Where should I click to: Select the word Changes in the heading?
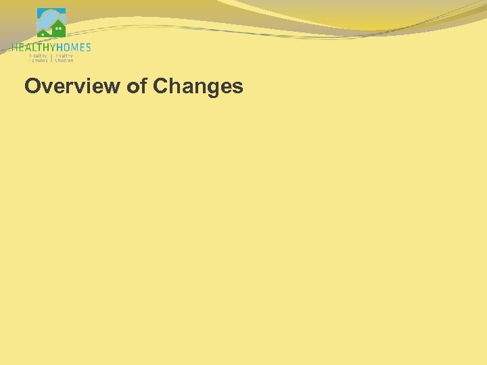coord(198,87)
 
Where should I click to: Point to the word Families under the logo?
coord(39,60)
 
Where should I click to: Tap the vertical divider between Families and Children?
coord(51,57)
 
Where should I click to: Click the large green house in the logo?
coord(58,30)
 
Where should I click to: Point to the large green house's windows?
coord(58,29)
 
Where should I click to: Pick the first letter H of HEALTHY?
coord(14,47)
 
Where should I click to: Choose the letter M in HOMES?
coord(74,47)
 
